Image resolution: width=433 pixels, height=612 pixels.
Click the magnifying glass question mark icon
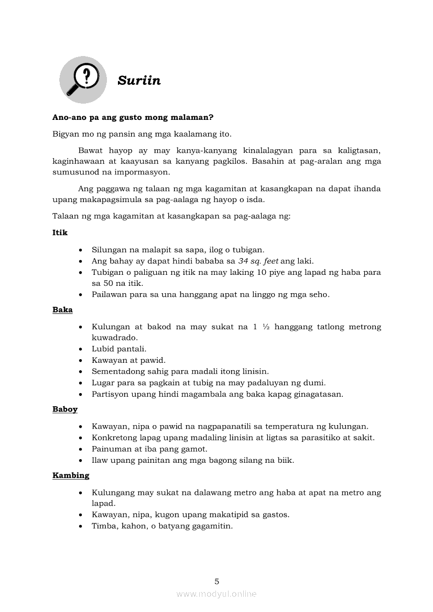click(x=83, y=80)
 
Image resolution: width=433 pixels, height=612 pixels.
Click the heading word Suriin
click(x=139, y=81)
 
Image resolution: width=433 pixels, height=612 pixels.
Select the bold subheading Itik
click(x=60, y=232)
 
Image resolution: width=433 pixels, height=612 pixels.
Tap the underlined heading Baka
click(x=62, y=310)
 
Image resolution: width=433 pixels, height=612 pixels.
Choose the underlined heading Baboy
click(x=65, y=409)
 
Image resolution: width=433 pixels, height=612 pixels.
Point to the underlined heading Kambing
click(x=71, y=475)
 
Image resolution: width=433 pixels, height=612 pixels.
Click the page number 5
click(x=217, y=581)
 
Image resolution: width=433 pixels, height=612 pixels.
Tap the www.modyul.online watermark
click(x=216, y=594)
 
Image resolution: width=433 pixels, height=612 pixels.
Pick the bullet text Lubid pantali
click(x=119, y=349)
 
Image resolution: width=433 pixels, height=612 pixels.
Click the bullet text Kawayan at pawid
click(x=128, y=360)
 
